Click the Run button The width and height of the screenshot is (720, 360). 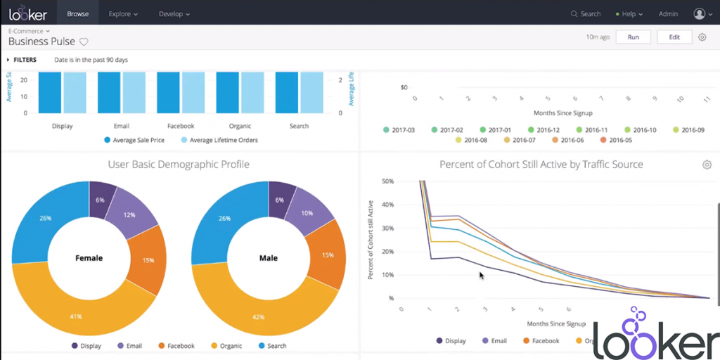(x=633, y=37)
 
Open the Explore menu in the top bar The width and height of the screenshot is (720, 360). (x=123, y=13)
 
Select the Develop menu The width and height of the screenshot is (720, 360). (x=174, y=13)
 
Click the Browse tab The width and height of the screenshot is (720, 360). (x=77, y=13)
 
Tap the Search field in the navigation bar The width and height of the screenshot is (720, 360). (x=586, y=13)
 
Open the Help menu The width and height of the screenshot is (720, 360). (x=628, y=13)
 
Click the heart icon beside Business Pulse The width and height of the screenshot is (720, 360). (x=84, y=42)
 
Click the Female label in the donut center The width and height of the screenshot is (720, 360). (x=89, y=258)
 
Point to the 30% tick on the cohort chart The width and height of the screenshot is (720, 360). (x=386, y=228)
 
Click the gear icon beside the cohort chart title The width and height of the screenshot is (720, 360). (x=706, y=165)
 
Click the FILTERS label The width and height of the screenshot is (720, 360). (x=25, y=60)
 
